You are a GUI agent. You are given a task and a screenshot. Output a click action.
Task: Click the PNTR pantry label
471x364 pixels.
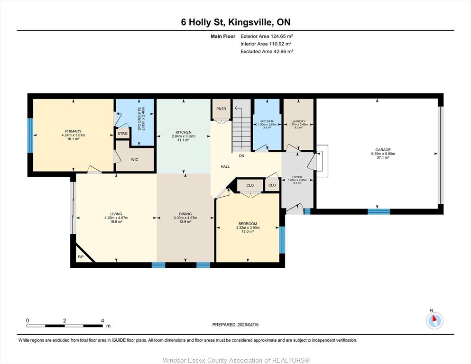(221, 109)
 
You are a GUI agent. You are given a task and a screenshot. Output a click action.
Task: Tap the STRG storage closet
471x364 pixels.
(122, 134)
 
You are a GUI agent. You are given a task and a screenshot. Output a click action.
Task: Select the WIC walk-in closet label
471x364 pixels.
(135, 160)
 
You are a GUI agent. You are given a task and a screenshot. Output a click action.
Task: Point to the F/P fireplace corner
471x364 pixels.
(81, 257)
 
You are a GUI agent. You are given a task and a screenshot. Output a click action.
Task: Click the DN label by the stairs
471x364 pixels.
(241, 156)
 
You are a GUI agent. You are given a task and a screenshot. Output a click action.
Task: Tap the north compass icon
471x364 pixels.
(434, 320)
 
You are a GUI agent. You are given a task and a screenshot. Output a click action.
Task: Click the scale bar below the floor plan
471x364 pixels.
(65, 326)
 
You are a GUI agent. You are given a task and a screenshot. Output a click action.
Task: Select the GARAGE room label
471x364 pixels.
(383, 150)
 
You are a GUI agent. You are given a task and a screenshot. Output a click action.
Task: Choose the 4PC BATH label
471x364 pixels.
(267, 121)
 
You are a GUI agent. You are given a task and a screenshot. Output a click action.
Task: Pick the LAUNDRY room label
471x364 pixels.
(298, 121)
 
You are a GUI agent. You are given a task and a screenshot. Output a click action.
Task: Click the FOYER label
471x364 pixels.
(297, 177)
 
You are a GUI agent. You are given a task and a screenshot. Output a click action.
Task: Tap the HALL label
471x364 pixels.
(225, 166)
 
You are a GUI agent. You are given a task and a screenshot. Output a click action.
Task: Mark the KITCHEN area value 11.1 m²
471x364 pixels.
(184, 140)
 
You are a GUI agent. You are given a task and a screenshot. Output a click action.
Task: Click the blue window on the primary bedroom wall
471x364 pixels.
(30, 136)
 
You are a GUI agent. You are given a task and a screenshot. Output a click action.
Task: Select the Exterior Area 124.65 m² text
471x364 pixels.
(267, 36)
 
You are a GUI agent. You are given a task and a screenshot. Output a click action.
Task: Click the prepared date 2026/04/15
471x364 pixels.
(248, 325)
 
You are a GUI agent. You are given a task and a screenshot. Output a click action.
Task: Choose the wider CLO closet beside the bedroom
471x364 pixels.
(250, 185)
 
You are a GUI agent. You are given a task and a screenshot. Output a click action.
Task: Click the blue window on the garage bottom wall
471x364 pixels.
(379, 211)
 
